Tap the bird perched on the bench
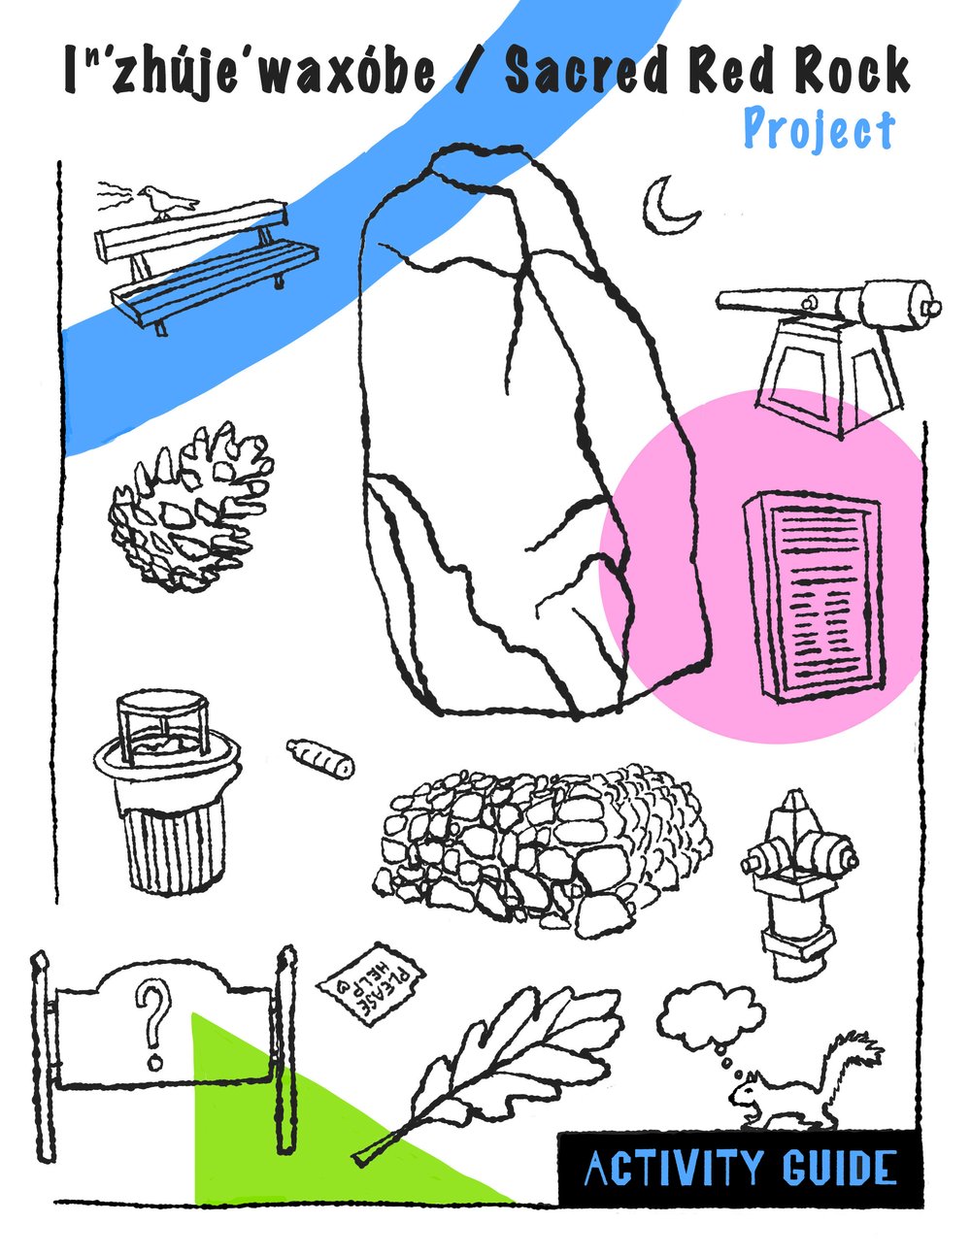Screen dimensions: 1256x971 tap(166, 202)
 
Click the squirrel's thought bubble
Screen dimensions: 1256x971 tap(711, 1017)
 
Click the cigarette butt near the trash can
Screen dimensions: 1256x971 tap(320, 756)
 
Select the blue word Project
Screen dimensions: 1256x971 tap(818, 130)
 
